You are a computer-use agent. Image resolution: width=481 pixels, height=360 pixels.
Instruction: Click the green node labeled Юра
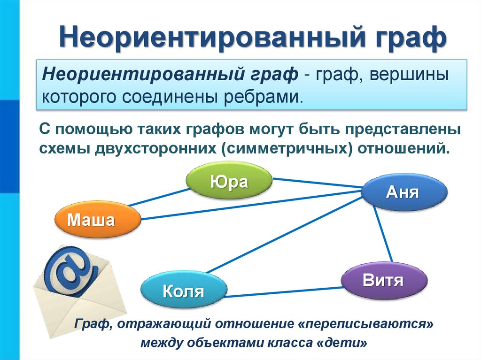229,181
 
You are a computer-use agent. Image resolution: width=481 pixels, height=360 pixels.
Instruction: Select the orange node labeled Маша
98,220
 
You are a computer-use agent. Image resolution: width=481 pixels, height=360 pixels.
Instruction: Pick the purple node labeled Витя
384,281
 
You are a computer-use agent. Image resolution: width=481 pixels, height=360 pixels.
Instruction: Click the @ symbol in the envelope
70,272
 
